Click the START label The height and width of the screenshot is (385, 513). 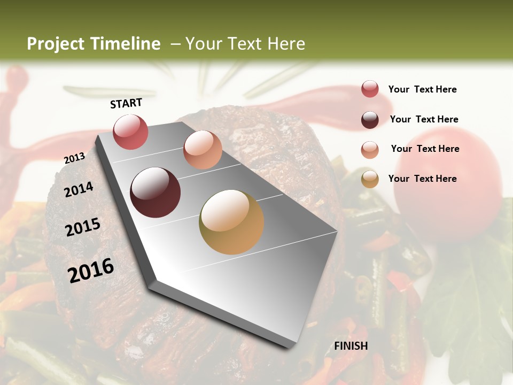click(x=126, y=103)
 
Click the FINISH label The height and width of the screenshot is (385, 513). click(x=351, y=346)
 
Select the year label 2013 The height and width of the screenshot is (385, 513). click(x=74, y=158)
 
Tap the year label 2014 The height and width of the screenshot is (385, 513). click(x=79, y=189)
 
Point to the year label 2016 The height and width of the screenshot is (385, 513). click(x=91, y=270)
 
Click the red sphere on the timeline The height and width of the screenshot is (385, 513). click(x=131, y=132)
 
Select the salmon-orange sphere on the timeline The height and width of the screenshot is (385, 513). click(x=203, y=149)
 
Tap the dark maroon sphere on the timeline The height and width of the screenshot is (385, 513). click(x=156, y=192)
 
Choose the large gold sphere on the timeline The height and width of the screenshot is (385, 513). click(x=231, y=222)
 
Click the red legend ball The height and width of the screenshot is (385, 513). click(x=370, y=89)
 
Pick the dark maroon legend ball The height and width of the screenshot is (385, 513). click(x=370, y=120)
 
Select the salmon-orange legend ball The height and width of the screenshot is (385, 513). click(x=370, y=150)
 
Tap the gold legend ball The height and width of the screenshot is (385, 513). click(x=370, y=179)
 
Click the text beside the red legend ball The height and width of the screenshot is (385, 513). click(x=422, y=90)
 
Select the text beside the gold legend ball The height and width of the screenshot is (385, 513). click(x=422, y=179)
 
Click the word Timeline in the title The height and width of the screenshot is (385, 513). click(x=126, y=44)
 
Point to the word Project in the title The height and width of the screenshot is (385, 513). click(x=56, y=44)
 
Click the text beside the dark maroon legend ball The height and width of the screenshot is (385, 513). click(x=424, y=119)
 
